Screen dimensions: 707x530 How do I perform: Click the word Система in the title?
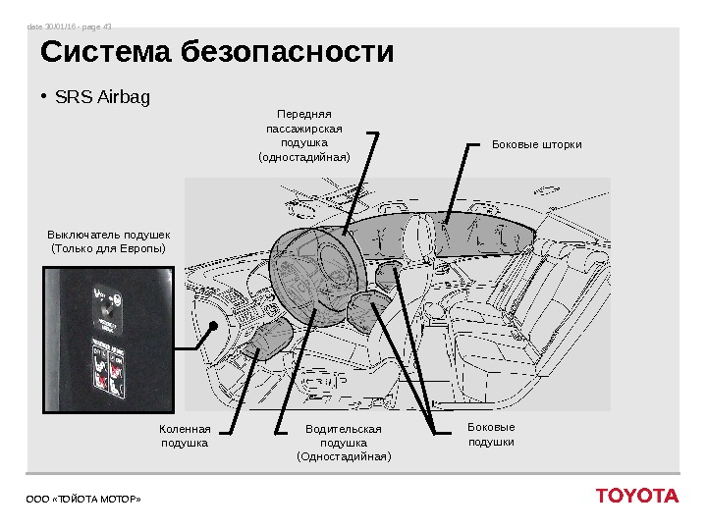tap(105, 51)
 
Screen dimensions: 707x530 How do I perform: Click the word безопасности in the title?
tap(288, 51)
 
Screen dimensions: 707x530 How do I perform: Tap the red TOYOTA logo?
tap(636, 496)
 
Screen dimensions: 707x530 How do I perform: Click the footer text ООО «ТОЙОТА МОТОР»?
tap(83, 500)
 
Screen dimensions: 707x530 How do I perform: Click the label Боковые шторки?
tap(536, 144)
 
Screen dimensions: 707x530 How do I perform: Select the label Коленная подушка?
tap(184, 436)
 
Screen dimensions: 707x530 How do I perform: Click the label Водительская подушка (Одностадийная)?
tap(343, 443)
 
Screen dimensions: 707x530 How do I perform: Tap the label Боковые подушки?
tap(491, 435)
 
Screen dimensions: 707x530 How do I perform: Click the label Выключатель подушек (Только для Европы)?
tap(108, 240)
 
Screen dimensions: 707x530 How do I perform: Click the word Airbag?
tap(122, 98)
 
